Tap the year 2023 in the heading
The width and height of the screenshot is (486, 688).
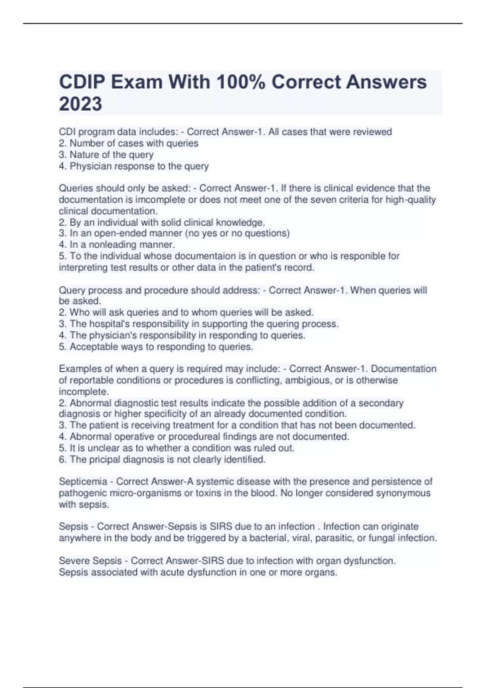[81, 104]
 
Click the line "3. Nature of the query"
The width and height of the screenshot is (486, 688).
[106, 155]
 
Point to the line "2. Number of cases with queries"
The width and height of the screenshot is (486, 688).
[128, 143]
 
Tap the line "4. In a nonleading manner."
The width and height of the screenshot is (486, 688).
[117, 244]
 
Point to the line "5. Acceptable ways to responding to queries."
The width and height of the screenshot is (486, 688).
[156, 346]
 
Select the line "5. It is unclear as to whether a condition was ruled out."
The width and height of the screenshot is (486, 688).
[176, 448]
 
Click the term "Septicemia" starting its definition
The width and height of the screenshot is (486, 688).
[83, 482]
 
